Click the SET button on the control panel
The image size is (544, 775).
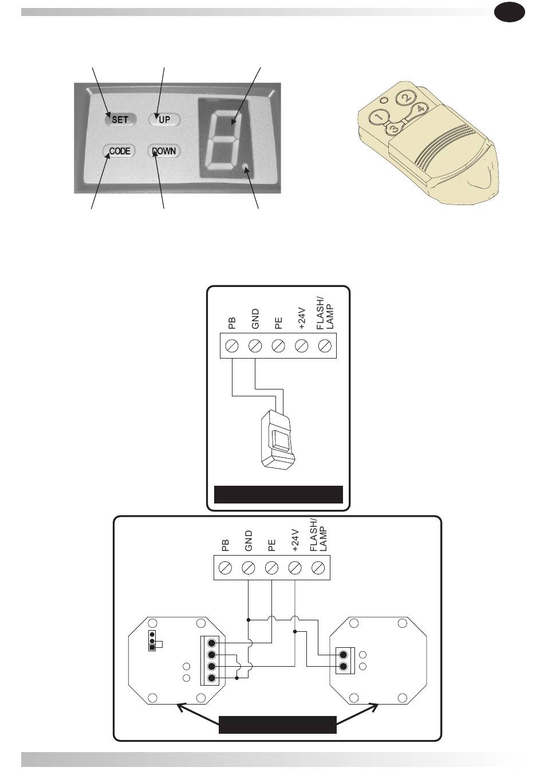[120, 119]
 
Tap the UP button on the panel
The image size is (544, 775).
[164, 119]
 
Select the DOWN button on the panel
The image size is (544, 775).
[164, 151]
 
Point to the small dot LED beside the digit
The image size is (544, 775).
[246, 167]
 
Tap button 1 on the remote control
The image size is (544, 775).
[379, 118]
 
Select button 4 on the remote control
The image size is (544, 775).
[420, 108]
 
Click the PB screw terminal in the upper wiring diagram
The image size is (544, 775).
[232, 346]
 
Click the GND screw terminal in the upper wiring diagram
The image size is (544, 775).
[255, 346]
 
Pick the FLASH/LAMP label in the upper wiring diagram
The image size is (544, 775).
[324, 313]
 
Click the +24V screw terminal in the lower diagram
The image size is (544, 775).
[295, 568]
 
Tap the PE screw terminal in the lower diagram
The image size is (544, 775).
[271, 568]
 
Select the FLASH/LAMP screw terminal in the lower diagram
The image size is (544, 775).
[318, 568]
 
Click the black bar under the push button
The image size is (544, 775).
[278, 494]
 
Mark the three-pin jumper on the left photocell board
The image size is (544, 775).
[152, 642]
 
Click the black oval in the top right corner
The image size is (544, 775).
[510, 12]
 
